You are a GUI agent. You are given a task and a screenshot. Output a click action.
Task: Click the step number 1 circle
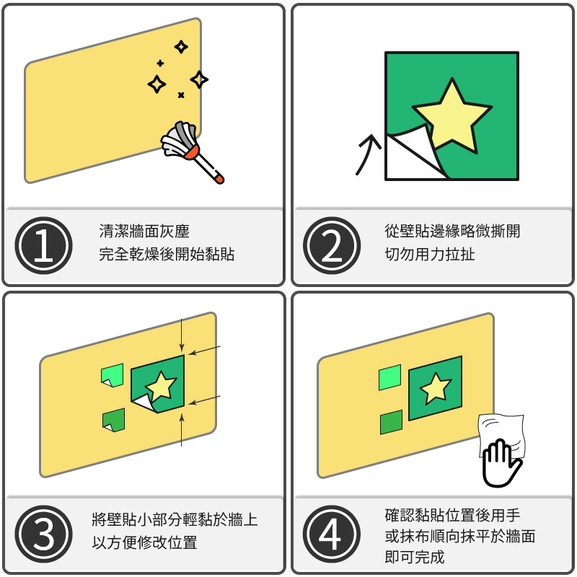point(43,245)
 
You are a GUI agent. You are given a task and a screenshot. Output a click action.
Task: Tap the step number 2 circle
point(332,245)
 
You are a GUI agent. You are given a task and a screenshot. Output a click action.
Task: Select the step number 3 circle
point(43,534)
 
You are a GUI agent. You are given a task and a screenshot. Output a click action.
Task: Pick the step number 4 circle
point(332,534)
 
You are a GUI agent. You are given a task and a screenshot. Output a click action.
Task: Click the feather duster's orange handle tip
point(219,179)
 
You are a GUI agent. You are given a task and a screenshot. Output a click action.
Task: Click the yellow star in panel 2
point(452,116)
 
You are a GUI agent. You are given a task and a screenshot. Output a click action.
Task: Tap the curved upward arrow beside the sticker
point(368,154)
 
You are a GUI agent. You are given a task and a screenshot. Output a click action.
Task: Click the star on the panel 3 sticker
point(161,386)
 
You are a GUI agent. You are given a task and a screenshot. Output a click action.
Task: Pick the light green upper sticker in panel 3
point(113,375)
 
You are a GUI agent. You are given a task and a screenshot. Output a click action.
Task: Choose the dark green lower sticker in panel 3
point(114,420)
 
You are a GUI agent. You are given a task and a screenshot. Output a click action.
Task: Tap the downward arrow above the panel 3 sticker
point(182,335)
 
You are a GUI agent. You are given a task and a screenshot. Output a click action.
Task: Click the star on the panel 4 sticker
point(436,388)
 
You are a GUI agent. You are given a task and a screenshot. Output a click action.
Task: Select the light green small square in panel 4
point(389,377)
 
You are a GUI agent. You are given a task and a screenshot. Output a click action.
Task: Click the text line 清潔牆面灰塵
point(144,232)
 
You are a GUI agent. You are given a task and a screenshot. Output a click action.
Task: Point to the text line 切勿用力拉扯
point(430,255)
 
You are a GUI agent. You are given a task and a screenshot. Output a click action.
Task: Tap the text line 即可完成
point(415,557)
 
